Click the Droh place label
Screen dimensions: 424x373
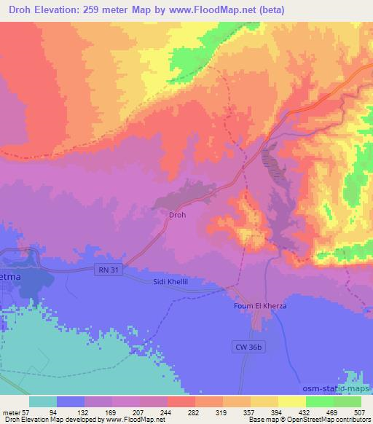pyautogui.click(x=178, y=215)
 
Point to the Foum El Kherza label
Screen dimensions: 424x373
pyautogui.click(x=260, y=305)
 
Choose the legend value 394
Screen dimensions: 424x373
pyautogui.click(x=288, y=412)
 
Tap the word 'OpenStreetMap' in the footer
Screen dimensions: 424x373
pyautogui.click(x=321, y=420)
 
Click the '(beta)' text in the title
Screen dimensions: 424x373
pyautogui.click(x=269, y=10)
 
